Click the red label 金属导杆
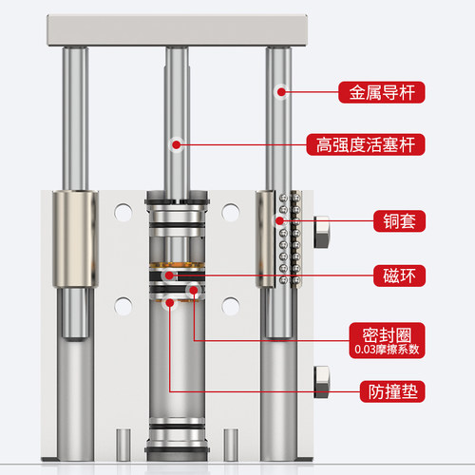(382, 92)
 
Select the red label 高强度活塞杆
(366, 144)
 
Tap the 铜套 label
(399, 221)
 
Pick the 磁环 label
(399, 275)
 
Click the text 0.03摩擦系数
(387, 350)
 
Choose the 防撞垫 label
(392, 391)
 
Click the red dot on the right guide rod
(281, 92)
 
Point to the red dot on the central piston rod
(177, 145)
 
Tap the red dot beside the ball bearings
(279, 220)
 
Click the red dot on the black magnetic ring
(169, 275)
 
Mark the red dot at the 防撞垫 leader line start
(170, 303)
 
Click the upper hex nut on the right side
(322, 232)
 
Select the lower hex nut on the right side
(322, 382)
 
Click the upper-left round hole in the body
(123, 212)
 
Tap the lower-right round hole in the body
(231, 306)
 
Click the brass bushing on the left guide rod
(75, 239)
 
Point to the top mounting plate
(178, 30)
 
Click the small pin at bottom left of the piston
(123, 445)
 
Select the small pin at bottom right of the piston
(231, 445)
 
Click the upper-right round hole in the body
(231, 212)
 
